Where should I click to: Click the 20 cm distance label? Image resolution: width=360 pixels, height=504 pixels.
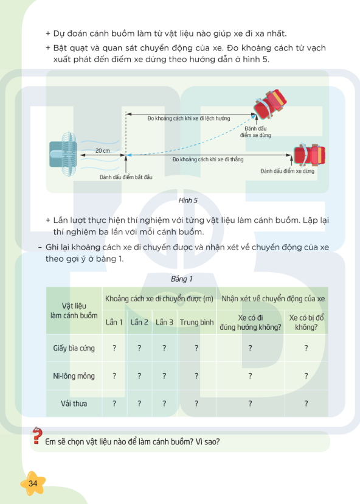pos(103,150)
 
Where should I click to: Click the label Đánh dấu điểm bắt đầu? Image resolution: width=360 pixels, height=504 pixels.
pos(126,177)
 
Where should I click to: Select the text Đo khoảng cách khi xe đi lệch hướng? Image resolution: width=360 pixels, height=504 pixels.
pos(189,118)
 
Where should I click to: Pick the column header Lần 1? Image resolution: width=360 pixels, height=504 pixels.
pos(114,322)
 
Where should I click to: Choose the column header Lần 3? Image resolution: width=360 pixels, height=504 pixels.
pos(164,322)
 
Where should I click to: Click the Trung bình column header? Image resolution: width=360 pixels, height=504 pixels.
pos(196,322)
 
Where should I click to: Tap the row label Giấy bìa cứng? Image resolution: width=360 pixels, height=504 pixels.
pos(74,348)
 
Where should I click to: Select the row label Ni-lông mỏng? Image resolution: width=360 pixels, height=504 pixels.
pos(74,376)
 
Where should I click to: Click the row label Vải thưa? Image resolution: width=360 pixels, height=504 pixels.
pos(74,403)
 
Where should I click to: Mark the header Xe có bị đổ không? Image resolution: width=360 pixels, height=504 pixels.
pos(306,322)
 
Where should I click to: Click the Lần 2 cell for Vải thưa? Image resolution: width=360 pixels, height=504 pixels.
pos(139,403)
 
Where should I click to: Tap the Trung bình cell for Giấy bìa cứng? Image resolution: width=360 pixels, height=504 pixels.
pos(196,348)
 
